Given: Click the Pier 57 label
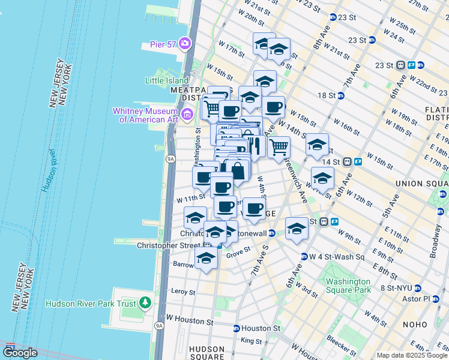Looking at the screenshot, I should click(162, 44).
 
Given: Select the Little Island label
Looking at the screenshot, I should click(166, 80).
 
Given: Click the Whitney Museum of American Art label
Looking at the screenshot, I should click(146, 115).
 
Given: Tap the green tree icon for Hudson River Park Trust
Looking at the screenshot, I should click(144, 303).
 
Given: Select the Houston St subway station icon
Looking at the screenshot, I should click(237, 329).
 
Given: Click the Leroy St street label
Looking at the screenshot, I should click(183, 292).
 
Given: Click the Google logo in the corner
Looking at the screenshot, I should click(20, 353).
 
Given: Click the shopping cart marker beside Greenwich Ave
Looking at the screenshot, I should click(279, 146).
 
